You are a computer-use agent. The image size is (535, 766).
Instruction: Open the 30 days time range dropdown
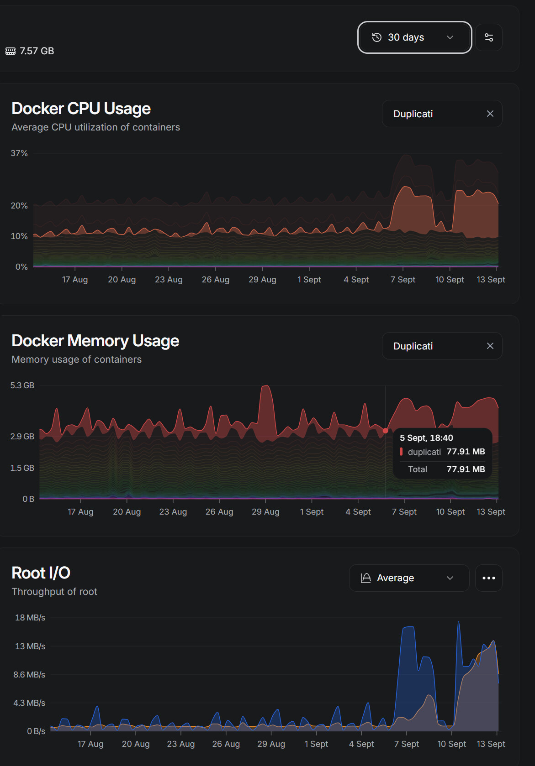coord(414,37)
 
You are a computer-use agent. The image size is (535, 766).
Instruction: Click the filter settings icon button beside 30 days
coord(489,37)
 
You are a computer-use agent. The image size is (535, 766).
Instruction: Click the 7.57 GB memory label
coord(37,51)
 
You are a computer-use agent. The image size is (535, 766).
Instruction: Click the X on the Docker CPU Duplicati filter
coord(490,114)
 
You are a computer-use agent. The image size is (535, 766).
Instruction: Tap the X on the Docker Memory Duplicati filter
coord(490,346)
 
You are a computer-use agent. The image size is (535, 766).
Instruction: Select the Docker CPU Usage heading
coord(81,109)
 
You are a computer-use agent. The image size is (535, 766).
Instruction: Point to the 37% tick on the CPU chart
coord(19,153)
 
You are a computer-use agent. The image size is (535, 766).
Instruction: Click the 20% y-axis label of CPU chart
coord(19,205)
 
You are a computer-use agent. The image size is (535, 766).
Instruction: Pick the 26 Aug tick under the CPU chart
coord(216,279)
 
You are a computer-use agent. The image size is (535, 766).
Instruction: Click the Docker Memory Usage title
coord(95,341)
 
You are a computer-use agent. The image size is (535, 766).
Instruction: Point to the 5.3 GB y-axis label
coord(22,386)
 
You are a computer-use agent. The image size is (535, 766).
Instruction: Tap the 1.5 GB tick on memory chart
coord(22,468)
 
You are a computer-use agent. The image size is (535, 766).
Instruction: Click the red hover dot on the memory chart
coord(385,431)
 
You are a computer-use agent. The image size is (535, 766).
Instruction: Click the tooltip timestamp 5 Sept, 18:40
coord(426,438)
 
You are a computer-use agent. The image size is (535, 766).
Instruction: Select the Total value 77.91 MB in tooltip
coord(466,469)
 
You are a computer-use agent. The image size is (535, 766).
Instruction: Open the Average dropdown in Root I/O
coord(409,578)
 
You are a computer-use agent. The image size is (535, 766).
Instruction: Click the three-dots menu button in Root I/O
coord(489,578)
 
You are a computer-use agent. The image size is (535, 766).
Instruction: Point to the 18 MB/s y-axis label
coord(30,618)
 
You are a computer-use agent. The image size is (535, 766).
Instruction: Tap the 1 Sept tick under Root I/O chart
coord(316,744)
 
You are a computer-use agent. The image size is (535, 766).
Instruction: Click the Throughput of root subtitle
coord(54,592)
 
